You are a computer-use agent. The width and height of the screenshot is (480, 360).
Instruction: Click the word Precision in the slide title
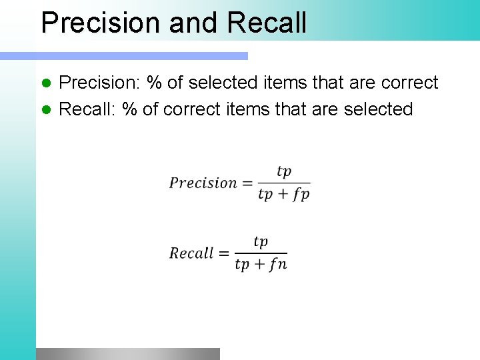click(x=101, y=22)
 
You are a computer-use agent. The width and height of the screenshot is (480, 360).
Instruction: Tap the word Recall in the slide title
click(x=267, y=22)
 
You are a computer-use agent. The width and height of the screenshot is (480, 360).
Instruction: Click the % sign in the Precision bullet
click(x=155, y=83)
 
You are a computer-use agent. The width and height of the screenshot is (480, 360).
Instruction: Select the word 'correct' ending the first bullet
click(x=409, y=83)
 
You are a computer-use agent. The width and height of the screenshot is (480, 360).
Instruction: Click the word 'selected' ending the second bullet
click(x=378, y=109)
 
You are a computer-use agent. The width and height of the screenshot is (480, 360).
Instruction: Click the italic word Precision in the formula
click(x=203, y=183)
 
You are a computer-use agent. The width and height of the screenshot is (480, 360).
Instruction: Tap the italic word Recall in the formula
click(x=191, y=253)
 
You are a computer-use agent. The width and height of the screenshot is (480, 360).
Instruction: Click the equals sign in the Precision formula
click(x=247, y=183)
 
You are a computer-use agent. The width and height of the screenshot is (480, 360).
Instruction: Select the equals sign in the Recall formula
click(x=223, y=253)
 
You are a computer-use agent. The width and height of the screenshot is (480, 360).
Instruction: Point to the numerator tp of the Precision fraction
click(x=284, y=171)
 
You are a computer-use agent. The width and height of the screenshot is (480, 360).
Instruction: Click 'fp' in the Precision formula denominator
click(x=301, y=195)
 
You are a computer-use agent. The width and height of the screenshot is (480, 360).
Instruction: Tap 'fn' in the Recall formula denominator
click(x=279, y=265)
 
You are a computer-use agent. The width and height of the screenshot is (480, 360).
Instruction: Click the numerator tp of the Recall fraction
click(x=261, y=242)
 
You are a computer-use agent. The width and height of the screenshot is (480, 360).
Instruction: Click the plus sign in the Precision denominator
click(x=283, y=195)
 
